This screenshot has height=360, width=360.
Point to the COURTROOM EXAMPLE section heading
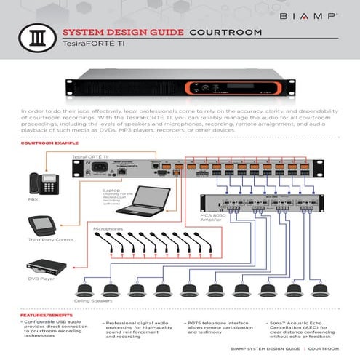point(49,145)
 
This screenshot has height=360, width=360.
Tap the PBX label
point(34,199)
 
